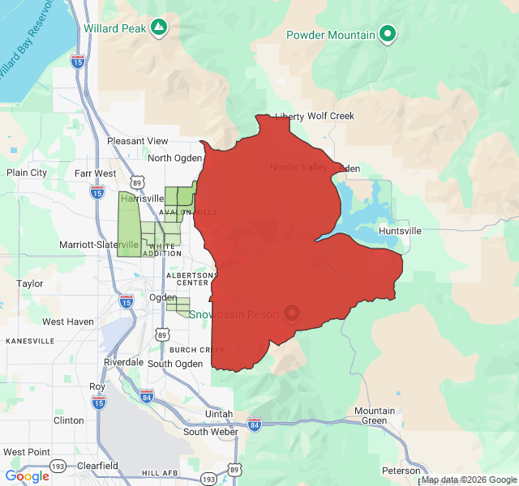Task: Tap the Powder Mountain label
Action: point(331,35)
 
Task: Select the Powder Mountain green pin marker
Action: point(388,34)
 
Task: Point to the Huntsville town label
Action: point(400,231)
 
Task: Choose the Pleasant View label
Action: point(138,141)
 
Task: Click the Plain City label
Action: point(27,173)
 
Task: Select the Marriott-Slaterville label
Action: point(88,245)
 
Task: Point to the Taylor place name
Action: point(30,283)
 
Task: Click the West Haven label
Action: point(68,322)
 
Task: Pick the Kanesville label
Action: point(30,341)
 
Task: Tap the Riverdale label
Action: point(123,362)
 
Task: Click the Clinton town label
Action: point(68,420)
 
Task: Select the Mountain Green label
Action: point(375,416)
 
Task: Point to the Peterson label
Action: point(401,471)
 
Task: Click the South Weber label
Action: point(211,432)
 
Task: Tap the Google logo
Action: point(28,476)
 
